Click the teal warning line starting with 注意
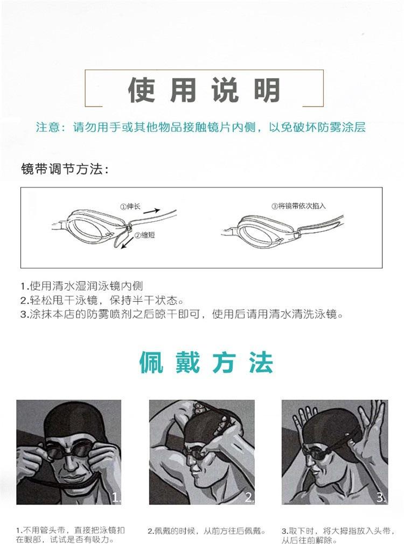(200, 128)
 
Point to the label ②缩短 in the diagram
(144, 235)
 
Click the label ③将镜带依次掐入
(298, 206)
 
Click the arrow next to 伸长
(155, 211)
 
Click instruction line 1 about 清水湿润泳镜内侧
(82, 286)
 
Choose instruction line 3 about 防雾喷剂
(182, 314)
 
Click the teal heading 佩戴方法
(206, 362)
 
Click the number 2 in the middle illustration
(248, 497)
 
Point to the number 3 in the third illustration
(381, 497)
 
